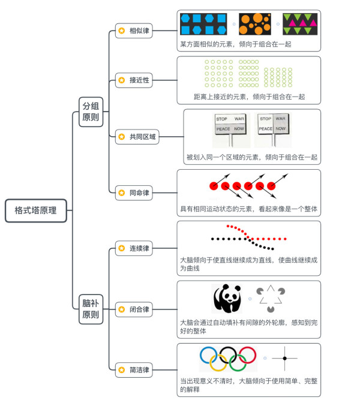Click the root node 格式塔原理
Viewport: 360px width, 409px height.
click(x=36, y=210)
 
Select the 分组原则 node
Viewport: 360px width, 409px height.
click(x=91, y=112)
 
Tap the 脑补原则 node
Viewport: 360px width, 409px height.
click(x=91, y=309)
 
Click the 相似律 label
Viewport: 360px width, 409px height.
click(x=139, y=31)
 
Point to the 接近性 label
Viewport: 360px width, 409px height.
click(x=139, y=80)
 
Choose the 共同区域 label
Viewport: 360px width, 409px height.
click(x=143, y=137)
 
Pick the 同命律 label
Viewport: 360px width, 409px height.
click(x=139, y=193)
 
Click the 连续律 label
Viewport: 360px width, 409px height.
click(x=139, y=248)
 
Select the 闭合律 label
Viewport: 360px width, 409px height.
click(x=139, y=309)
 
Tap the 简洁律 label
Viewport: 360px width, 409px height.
click(x=139, y=370)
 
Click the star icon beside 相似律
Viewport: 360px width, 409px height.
click(x=122, y=31)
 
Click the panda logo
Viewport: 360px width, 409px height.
click(x=227, y=299)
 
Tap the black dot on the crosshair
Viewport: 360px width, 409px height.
click(x=285, y=359)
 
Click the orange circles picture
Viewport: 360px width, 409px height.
click(x=255, y=24)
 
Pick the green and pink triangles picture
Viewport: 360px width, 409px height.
click(x=300, y=24)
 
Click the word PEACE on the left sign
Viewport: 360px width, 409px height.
click(x=223, y=129)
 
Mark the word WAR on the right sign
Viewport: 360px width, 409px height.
click(x=281, y=119)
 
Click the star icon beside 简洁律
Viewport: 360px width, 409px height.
click(x=122, y=370)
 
